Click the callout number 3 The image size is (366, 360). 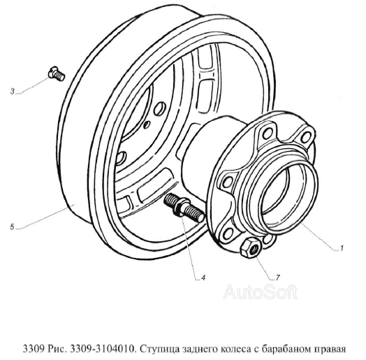pyautogui.click(x=13, y=92)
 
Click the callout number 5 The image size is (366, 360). pyautogui.click(x=13, y=226)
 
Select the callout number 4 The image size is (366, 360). pyautogui.click(x=203, y=278)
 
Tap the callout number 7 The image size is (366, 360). pyautogui.click(x=277, y=278)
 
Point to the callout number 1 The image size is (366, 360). pyautogui.click(x=342, y=248)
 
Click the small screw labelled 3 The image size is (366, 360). pyautogui.click(x=57, y=73)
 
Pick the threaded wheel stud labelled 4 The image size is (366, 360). pyautogui.click(x=184, y=208)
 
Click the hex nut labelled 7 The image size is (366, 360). pyautogui.click(x=249, y=247)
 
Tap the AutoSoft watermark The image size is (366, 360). pyautogui.click(x=261, y=291)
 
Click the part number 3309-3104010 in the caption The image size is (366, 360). pyautogui.click(x=103, y=349)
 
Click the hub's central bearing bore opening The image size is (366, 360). pyautogui.click(x=283, y=189)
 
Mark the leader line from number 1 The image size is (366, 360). pyautogui.click(x=318, y=237)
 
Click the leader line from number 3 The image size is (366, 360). pyautogui.click(x=34, y=86)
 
